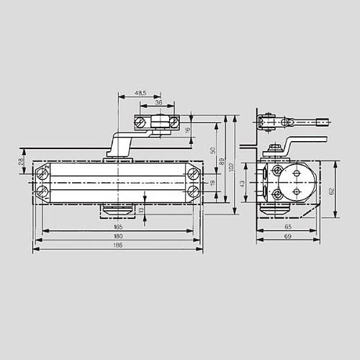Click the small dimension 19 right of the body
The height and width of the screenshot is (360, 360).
(212, 183)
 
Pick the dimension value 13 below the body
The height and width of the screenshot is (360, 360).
(141, 209)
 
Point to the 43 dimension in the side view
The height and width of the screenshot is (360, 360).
(242, 184)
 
